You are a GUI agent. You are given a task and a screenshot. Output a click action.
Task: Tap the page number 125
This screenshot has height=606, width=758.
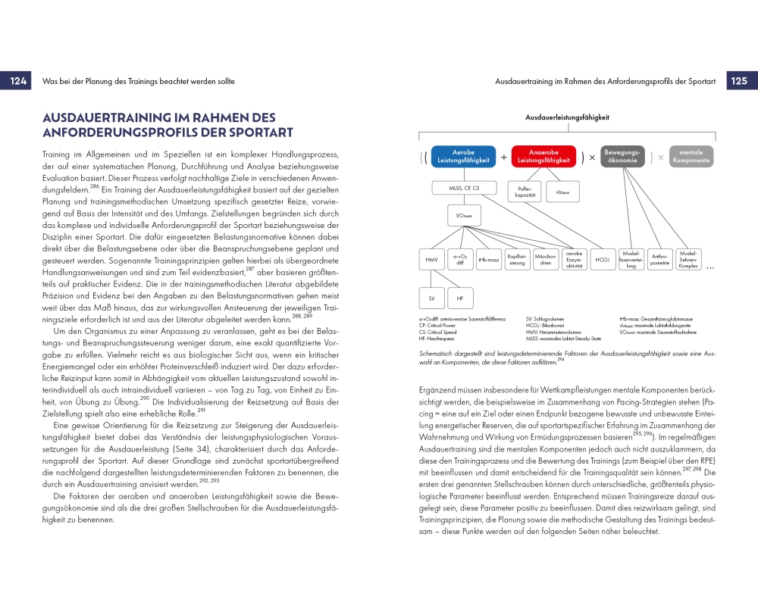[x=738, y=81]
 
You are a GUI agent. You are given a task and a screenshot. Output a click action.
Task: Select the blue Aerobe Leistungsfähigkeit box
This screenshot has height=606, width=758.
[x=463, y=156]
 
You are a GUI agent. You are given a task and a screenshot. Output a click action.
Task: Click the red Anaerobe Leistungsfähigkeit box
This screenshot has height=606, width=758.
[x=543, y=156]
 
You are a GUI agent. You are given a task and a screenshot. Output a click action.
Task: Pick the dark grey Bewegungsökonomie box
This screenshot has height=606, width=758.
[x=622, y=156]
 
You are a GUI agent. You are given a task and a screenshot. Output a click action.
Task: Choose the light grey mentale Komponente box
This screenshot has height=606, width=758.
[x=691, y=156]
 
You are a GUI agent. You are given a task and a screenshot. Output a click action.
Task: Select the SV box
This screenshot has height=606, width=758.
[x=431, y=298]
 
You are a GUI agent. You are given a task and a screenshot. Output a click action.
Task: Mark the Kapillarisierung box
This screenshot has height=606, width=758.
[x=517, y=259]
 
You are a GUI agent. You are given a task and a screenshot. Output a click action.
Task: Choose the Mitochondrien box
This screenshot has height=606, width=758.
[x=546, y=259]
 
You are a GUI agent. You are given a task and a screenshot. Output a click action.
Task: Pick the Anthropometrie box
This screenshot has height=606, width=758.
[x=659, y=259]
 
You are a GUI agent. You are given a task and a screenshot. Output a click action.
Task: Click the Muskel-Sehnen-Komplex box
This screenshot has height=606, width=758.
[x=688, y=259]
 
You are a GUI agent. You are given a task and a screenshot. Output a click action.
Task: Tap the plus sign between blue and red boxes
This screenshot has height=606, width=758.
[x=503, y=157]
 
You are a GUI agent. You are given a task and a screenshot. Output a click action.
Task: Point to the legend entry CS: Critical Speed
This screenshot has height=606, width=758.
[x=443, y=333]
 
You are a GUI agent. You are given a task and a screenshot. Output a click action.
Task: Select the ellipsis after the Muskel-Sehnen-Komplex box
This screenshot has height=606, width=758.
[x=710, y=266]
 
